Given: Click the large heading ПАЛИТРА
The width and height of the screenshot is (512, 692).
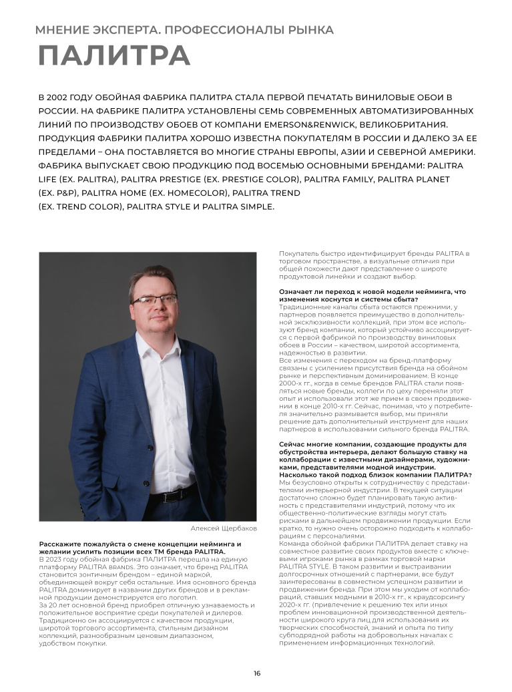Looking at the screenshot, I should (113, 55).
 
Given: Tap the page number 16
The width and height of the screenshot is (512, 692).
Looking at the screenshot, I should (256, 673).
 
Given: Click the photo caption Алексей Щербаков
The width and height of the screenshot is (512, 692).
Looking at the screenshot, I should (223, 528).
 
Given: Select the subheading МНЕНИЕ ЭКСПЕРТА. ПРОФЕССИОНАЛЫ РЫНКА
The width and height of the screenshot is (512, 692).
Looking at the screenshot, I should (184, 30).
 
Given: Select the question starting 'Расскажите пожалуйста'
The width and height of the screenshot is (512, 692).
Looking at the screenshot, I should (140, 548).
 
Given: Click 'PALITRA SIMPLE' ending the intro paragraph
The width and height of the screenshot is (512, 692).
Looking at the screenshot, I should (239, 206).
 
